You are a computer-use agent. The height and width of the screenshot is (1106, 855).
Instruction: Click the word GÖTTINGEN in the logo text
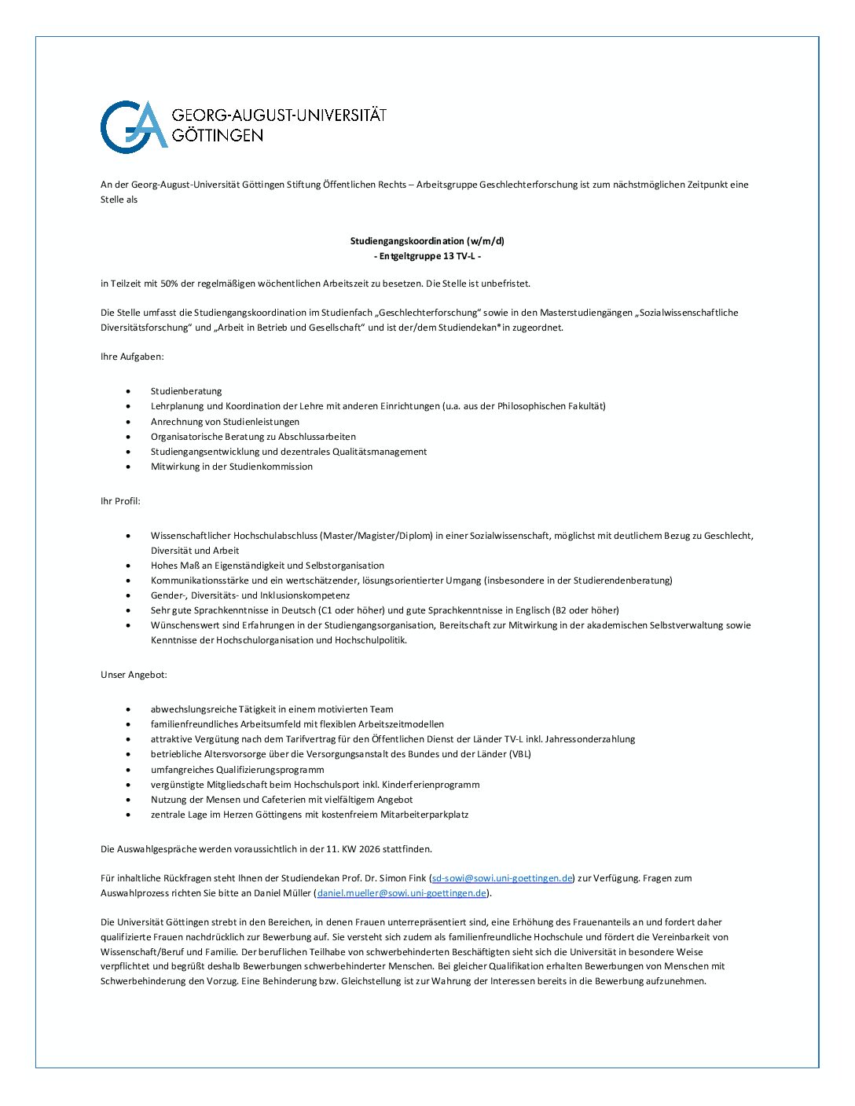click(217, 135)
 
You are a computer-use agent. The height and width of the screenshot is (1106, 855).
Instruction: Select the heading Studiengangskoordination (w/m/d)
click(427, 241)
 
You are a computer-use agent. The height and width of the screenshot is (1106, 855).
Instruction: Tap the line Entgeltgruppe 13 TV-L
click(427, 256)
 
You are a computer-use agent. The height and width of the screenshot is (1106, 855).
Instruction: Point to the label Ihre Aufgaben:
click(132, 357)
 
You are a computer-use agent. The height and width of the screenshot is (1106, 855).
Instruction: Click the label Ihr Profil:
click(120, 501)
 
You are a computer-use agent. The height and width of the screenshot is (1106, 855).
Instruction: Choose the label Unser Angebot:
click(134, 675)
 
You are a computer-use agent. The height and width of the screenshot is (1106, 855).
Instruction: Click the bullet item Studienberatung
click(186, 391)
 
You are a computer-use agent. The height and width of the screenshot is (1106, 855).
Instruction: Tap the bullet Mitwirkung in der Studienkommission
click(232, 467)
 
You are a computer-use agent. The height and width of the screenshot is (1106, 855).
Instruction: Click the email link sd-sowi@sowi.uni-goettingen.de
click(502, 878)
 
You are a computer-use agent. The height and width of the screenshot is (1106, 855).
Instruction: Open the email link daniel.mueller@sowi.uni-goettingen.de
click(402, 893)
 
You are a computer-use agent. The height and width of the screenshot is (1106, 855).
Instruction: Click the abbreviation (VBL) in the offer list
click(519, 754)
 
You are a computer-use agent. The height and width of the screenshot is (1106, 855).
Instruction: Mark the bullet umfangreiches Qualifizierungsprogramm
click(237, 770)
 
